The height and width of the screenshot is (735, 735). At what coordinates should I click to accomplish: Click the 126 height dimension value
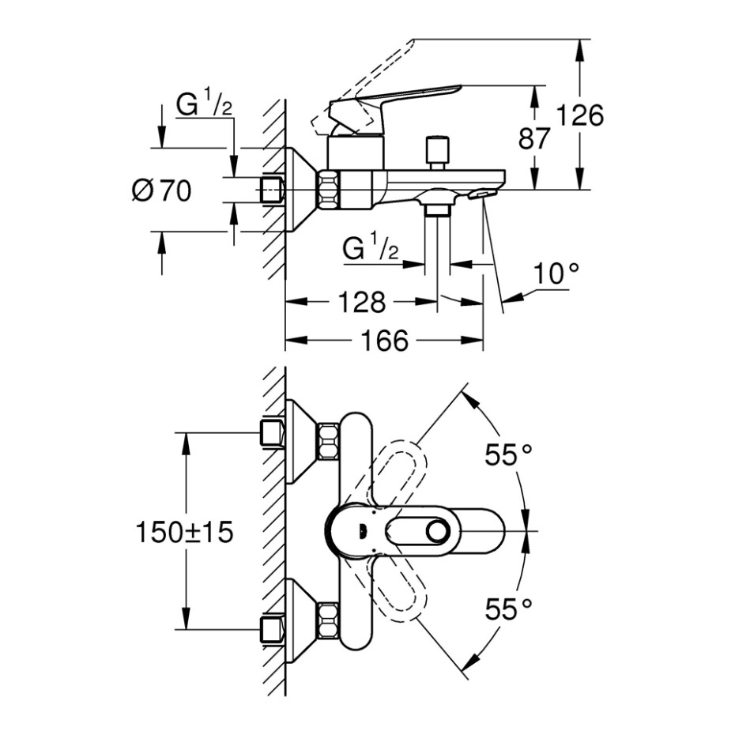[581, 115]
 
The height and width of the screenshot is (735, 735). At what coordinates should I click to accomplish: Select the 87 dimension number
[533, 140]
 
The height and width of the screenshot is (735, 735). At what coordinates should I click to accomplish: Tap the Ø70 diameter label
[161, 190]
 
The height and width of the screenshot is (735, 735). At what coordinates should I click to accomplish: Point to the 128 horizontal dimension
[364, 301]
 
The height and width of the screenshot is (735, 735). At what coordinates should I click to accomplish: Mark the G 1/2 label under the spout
[370, 249]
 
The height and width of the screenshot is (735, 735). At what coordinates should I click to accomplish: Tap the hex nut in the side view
[329, 190]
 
